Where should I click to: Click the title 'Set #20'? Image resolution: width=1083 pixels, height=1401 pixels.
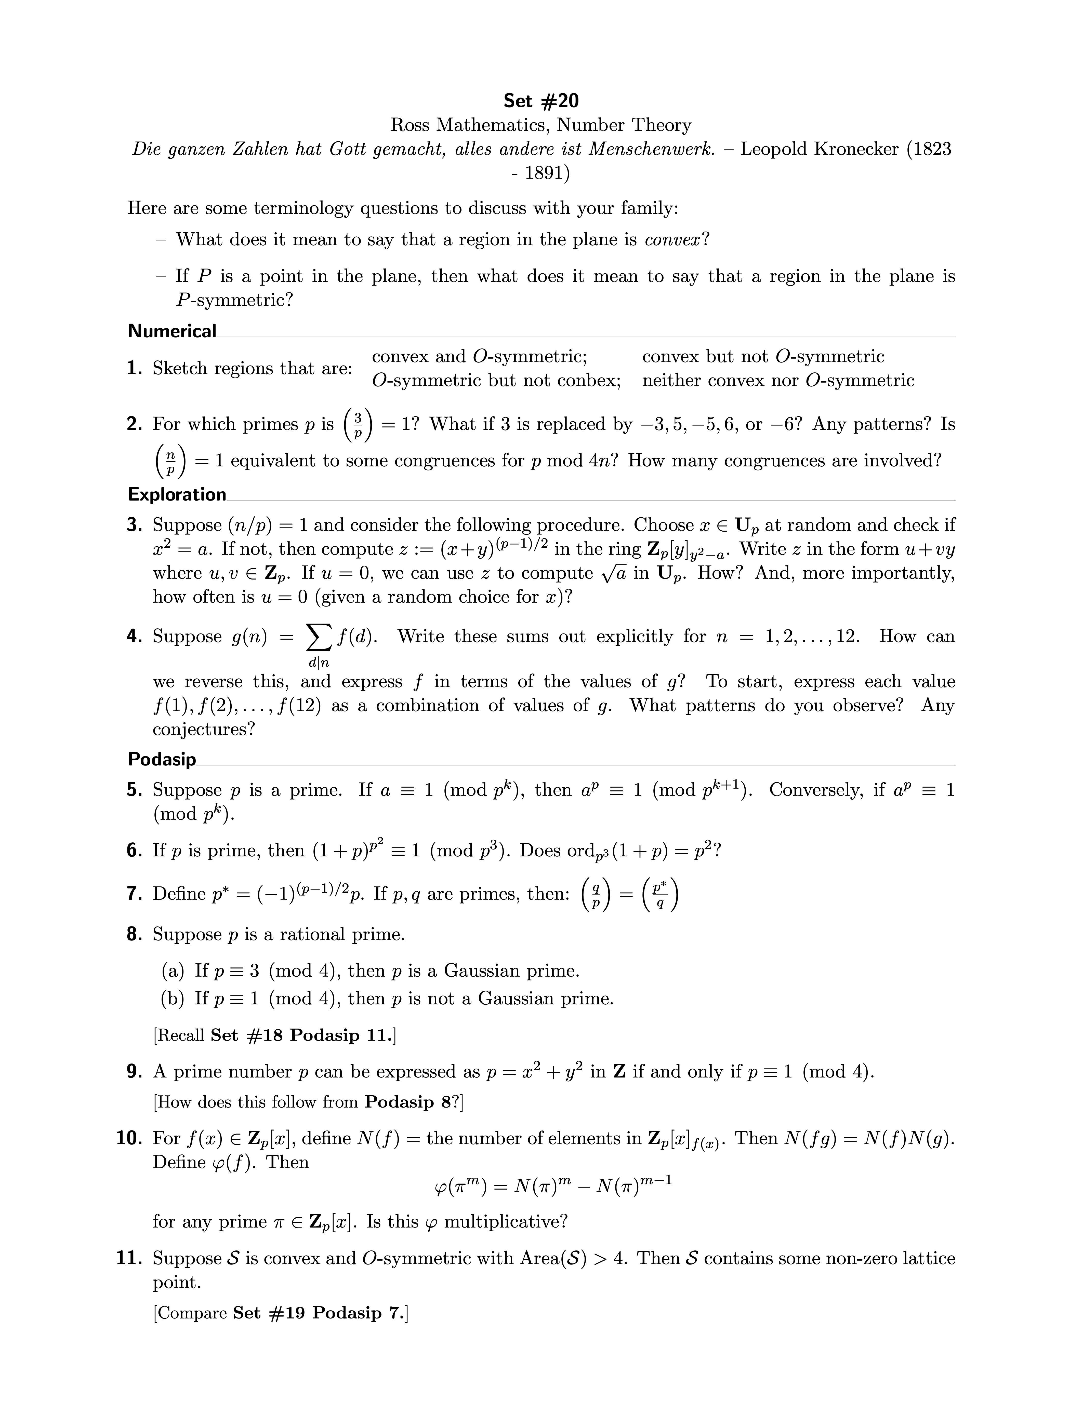coord(541,101)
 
